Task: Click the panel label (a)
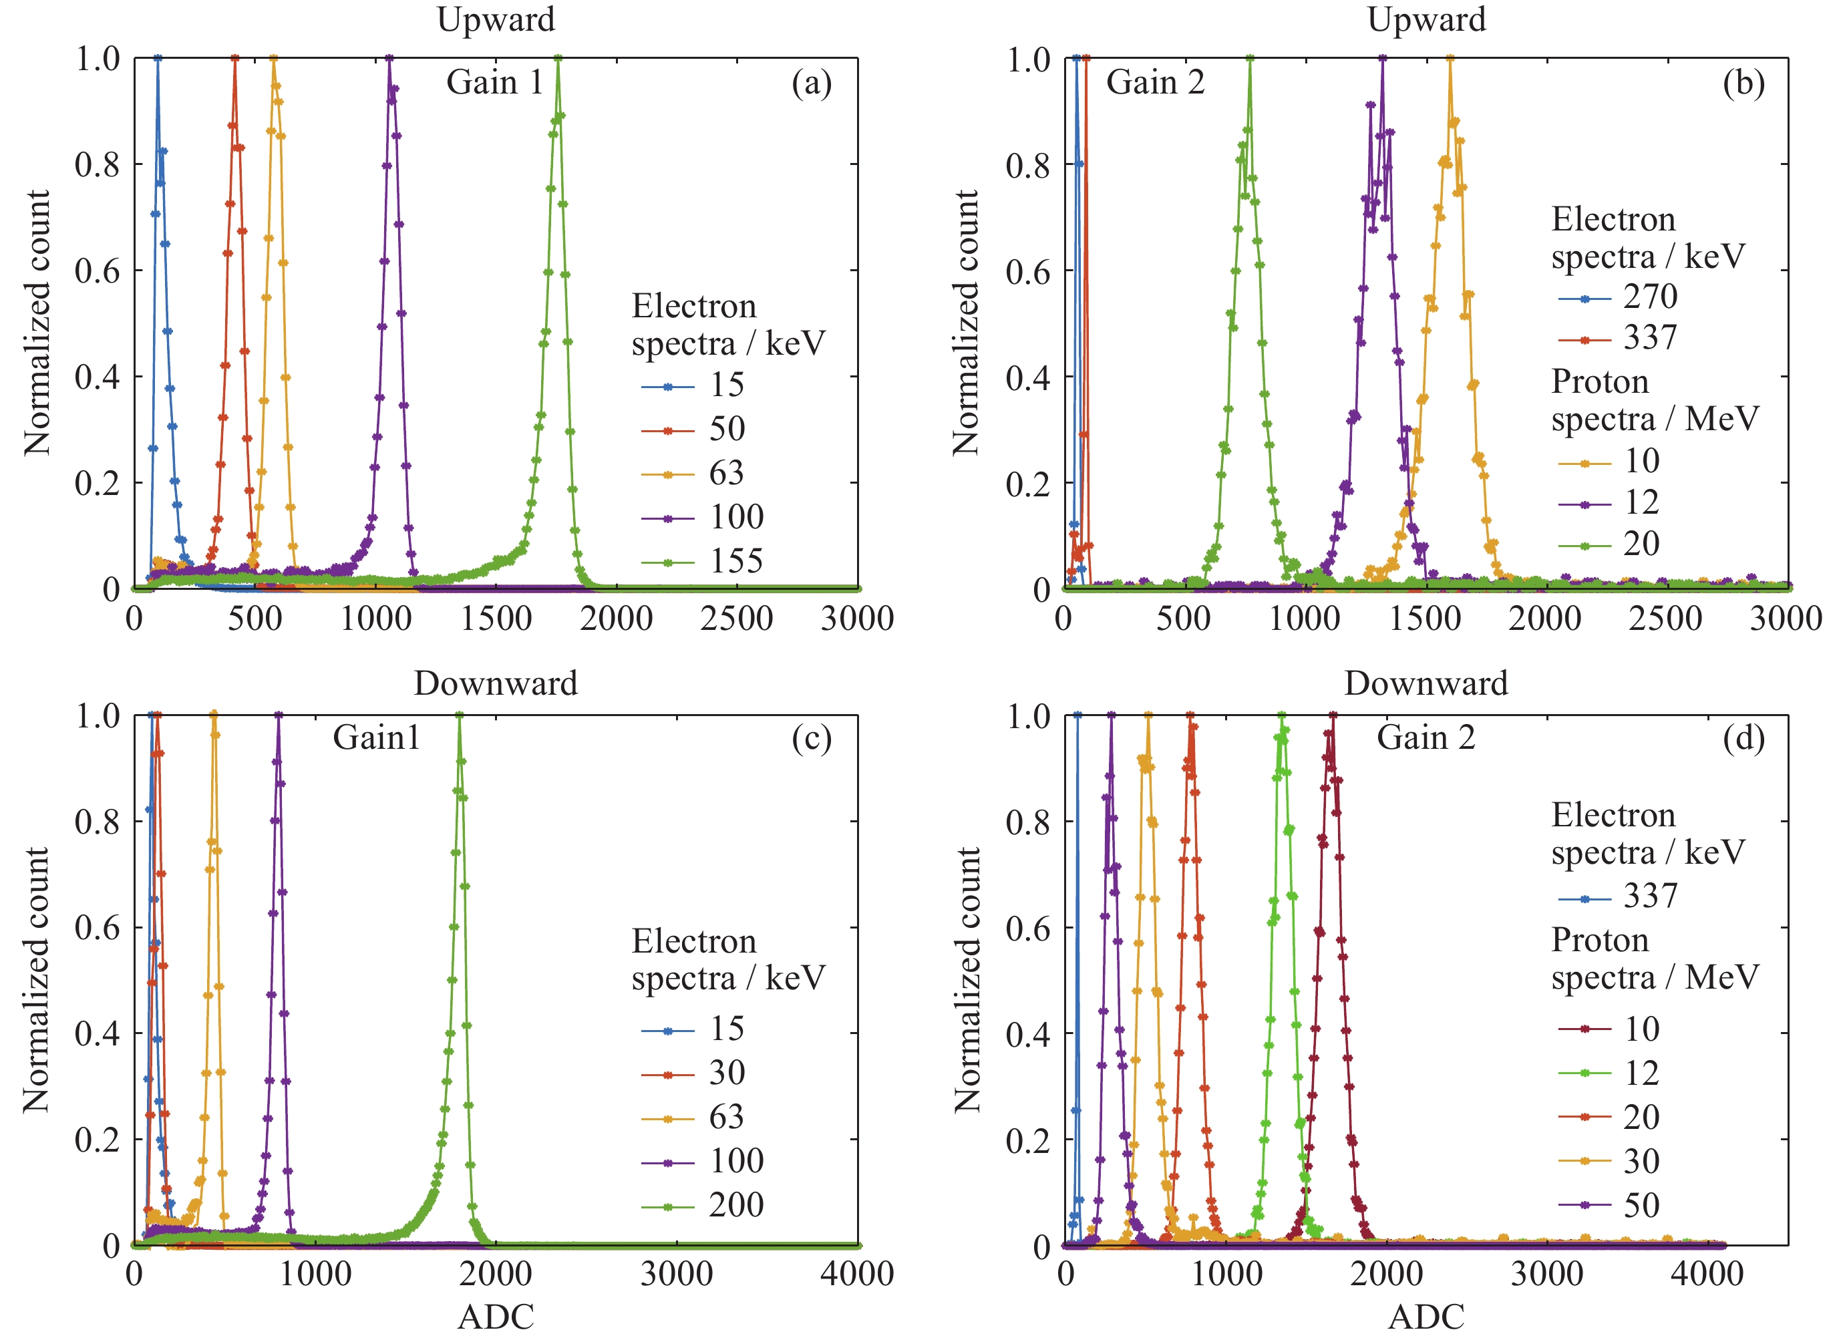[x=811, y=83]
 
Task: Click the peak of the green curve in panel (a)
[x=558, y=58]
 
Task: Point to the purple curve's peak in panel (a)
[x=389, y=58]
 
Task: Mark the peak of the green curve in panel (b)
[x=1249, y=58]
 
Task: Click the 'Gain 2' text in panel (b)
[x=1154, y=83]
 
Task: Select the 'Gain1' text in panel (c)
[x=377, y=737]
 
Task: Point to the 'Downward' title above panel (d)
[x=1426, y=683]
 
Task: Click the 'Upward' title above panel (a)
[x=496, y=19]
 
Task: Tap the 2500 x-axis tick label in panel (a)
[x=736, y=619]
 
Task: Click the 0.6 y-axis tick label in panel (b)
[x=1027, y=272]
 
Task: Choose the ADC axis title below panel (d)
[x=1426, y=1317]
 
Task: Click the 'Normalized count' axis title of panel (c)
[x=37, y=980]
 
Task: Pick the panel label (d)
[x=1743, y=739]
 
